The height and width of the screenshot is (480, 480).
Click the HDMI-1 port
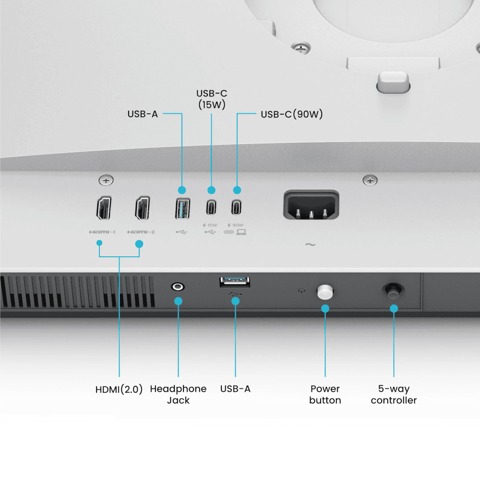point(104,208)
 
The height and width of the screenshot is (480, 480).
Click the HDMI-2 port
point(143,208)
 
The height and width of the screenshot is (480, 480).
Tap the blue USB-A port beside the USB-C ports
point(182,208)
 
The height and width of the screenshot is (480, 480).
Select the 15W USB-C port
point(211,207)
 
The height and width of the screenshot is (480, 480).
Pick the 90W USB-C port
point(236,207)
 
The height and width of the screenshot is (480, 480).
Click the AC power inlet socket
point(311,204)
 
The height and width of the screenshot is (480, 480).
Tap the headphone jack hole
point(178,287)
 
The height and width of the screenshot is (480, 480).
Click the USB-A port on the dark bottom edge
point(235,282)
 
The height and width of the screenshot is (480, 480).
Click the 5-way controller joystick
point(394,291)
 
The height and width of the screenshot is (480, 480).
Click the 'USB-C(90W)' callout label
point(292,114)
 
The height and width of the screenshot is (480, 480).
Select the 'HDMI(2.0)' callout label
point(119,389)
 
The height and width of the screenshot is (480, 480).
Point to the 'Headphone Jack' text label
point(178,394)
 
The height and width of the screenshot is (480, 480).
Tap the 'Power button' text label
point(325,394)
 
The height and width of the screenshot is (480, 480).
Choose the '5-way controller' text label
point(394,394)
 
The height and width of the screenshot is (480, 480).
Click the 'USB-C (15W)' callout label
point(212,99)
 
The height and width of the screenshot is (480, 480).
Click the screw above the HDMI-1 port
point(106,180)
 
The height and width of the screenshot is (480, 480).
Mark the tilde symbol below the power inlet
point(311,245)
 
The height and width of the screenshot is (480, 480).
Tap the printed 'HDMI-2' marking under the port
point(141,232)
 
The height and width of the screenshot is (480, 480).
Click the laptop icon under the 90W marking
point(241,232)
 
